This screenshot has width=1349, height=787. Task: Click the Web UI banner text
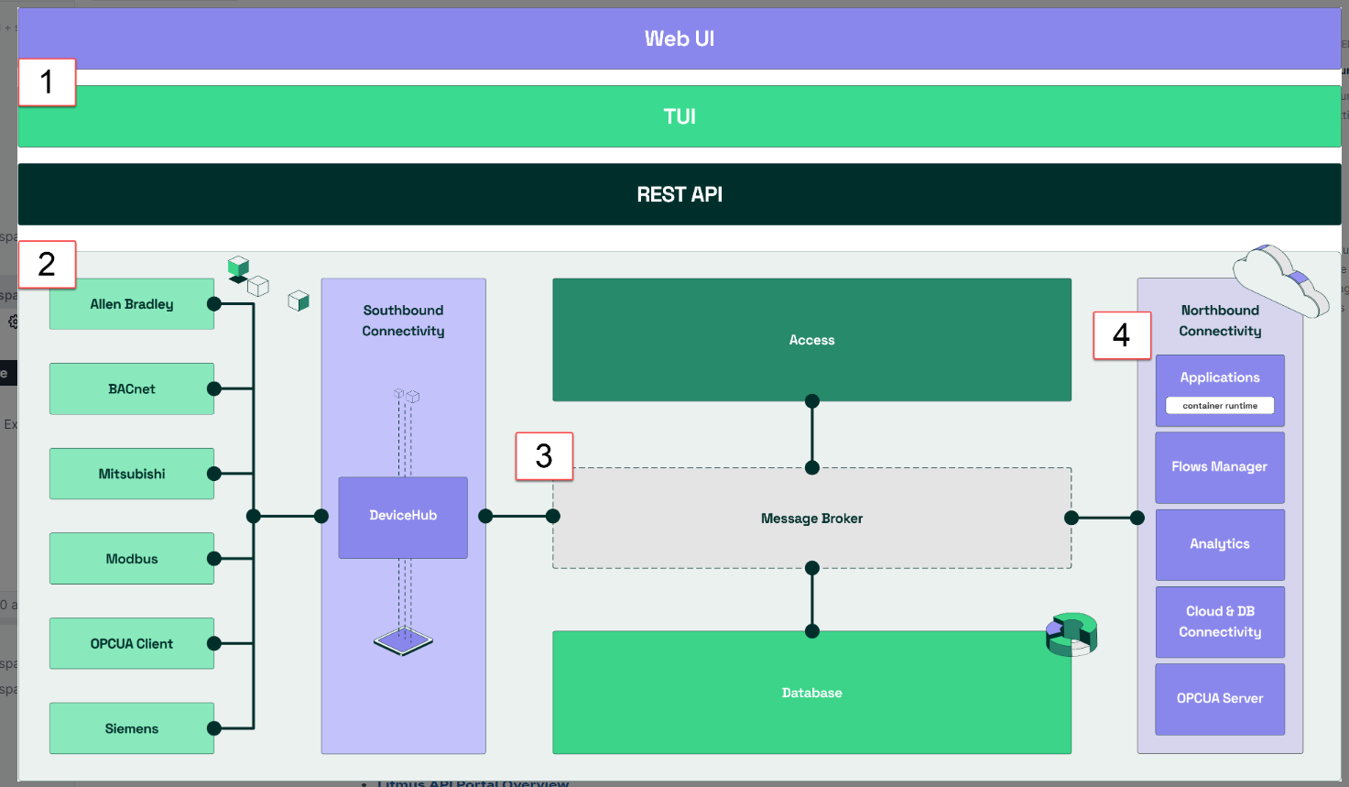tap(679, 38)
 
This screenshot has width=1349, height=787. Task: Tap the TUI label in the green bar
tap(679, 116)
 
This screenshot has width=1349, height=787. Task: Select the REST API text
tap(679, 194)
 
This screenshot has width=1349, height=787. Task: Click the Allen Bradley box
tap(132, 304)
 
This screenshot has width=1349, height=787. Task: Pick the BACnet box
tap(132, 388)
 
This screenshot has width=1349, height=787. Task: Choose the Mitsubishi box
tap(132, 474)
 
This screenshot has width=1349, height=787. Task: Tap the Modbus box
tap(132, 559)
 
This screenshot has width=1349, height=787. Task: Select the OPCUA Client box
tap(132, 643)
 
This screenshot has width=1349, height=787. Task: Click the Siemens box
tap(132, 728)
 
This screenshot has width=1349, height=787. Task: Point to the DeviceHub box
tap(403, 517)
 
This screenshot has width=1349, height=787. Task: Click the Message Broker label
tap(811, 519)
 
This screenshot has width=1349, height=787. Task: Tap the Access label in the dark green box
tap(811, 340)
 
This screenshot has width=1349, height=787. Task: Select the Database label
tap(811, 693)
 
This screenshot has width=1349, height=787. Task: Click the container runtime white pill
tap(1220, 405)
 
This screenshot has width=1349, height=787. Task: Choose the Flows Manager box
tap(1220, 467)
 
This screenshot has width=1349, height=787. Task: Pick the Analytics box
tap(1220, 544)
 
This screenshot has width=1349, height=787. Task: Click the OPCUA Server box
tap(1220, 698)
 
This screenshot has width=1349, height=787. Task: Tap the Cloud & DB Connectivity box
tap(1220, 621)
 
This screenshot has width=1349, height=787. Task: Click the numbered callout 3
tap(544, 456)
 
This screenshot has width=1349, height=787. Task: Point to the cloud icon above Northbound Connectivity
tap(1279, 279)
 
